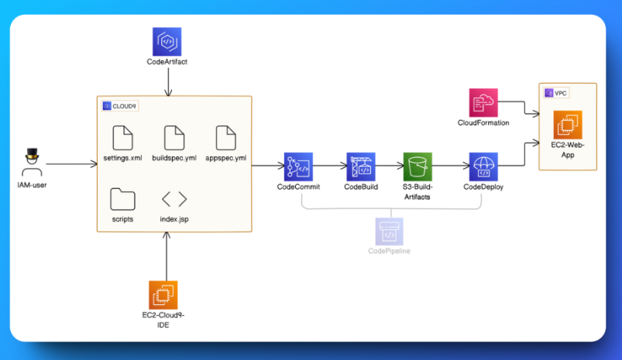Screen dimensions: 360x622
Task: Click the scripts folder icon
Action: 122,199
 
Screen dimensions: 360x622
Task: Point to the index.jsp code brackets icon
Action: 174,199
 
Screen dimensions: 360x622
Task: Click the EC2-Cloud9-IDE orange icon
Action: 163,295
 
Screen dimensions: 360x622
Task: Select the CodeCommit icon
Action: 297,166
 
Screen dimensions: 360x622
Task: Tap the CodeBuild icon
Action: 360,166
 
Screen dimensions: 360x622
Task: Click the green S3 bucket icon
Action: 418,166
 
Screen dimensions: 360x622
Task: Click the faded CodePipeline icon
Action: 389,231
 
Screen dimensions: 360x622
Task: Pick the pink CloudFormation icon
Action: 483,103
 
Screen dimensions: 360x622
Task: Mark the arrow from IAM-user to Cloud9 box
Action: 71,164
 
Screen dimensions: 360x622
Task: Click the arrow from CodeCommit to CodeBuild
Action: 328,166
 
